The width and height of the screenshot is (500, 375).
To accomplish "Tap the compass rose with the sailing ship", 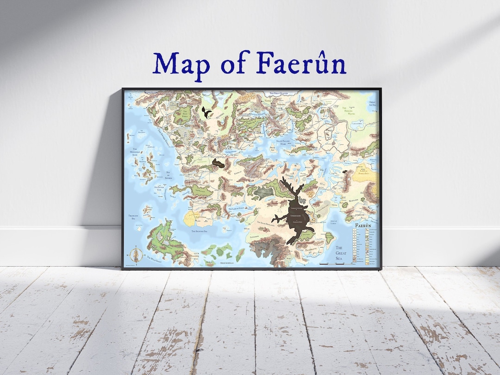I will pos(136,255).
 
